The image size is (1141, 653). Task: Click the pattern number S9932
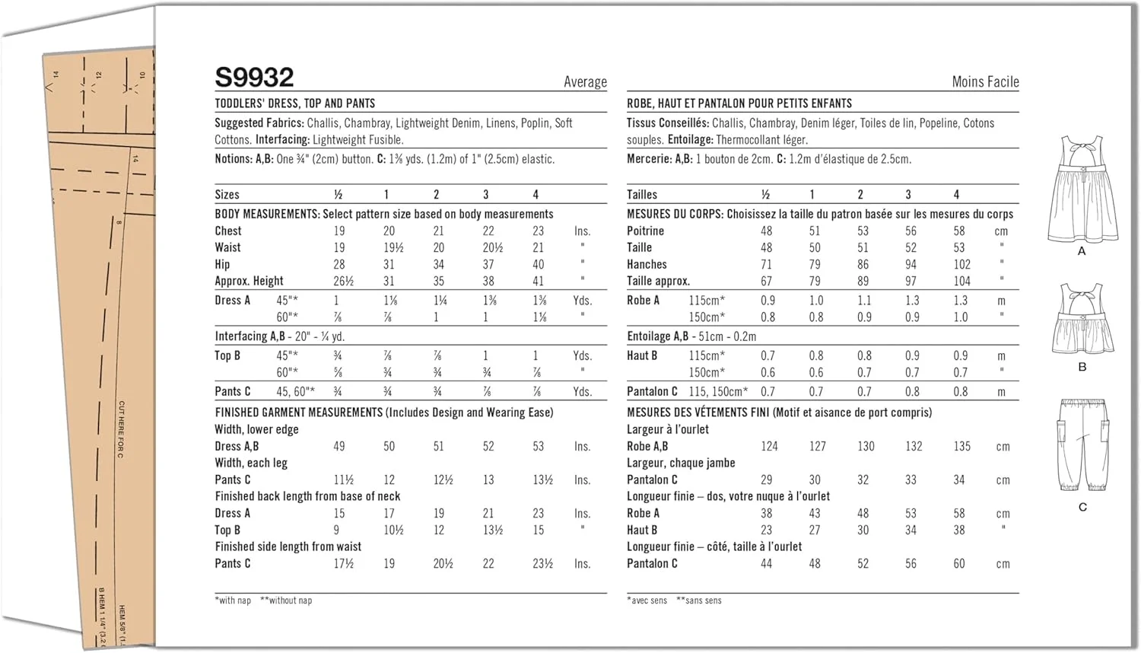point(254,78)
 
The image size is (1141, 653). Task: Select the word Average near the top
point(585,82)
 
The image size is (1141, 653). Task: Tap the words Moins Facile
point(985,82)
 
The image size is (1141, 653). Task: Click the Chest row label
point(228,231)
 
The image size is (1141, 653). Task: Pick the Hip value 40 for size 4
point(539,265)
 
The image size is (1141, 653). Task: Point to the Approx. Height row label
point(249,282)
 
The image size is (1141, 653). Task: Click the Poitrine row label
point(645,231)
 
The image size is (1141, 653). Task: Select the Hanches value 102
point(962,265)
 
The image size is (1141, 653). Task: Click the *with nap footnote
point(233,600)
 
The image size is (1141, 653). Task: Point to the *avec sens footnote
point(647,600)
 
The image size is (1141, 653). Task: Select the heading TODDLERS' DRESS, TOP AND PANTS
point(294,104)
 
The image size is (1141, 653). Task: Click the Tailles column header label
point(642,195)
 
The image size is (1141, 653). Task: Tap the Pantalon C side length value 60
point(959,564)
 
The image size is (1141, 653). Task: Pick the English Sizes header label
point(227,195)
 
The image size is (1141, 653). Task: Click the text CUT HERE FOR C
point(122,429)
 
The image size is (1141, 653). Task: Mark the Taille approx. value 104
point(962,282)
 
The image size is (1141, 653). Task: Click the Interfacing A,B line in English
point(280,336)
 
